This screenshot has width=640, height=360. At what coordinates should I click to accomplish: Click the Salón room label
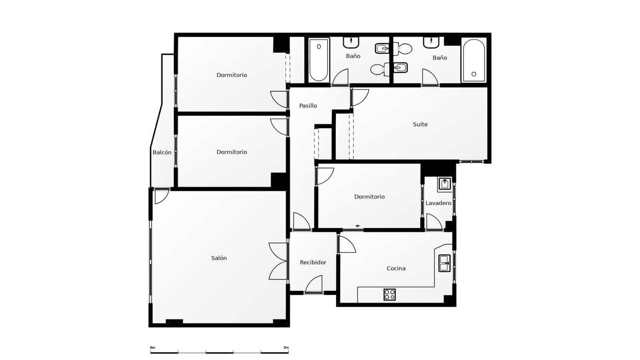pos(219,258)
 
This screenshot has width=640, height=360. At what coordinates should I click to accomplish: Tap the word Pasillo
pos(308,106)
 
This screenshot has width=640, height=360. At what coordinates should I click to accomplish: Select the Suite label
pos(420,124)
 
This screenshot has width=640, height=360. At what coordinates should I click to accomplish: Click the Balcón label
pos(162,152)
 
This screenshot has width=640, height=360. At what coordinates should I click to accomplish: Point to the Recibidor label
pos(313,262)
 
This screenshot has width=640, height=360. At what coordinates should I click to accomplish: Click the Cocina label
pos(396,268)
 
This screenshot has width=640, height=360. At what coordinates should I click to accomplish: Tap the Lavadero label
pos(438,203)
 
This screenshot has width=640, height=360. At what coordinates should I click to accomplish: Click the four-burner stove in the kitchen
pos(390,294)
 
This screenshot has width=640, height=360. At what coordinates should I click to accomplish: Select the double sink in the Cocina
pos(444,263)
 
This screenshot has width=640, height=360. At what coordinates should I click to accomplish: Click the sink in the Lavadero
pos(445,184)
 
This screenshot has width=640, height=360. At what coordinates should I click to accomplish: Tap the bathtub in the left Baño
pos(319,60)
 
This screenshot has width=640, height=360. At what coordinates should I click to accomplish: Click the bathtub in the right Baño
pos(474,61)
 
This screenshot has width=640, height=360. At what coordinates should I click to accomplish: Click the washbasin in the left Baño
pos(351,42)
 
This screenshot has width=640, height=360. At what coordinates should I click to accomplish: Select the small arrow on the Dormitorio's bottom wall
pos(358,226)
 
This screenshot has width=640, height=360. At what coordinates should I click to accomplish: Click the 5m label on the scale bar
pos(286,348)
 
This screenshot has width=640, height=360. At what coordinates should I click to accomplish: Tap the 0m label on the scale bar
pos(152,348)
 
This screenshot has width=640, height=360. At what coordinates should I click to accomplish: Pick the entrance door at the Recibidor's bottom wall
pos(314,284)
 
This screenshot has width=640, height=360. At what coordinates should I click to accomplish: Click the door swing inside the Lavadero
pos(434,222)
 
